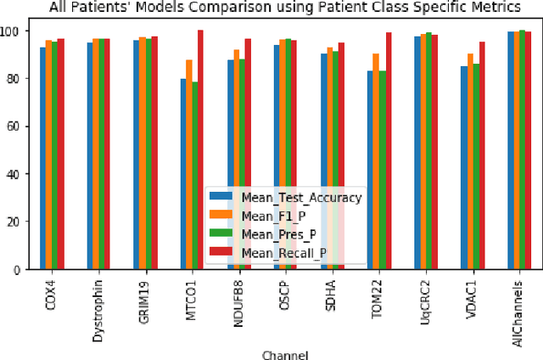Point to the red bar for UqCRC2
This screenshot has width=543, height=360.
click(x=436, y=152)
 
